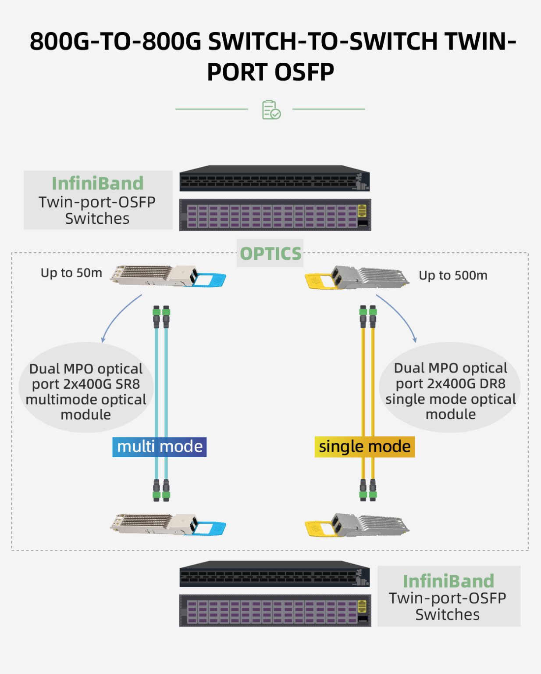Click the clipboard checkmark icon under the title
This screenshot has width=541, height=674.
(271, 110)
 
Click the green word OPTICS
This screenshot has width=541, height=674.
(270, 254)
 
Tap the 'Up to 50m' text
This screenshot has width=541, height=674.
(71, 273)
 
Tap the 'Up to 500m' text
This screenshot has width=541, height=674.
(453, 276)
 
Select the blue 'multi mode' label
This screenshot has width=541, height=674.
(160, 447)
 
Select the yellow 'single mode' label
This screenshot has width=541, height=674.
(364, 447)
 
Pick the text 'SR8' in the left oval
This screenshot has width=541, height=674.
(128, 384)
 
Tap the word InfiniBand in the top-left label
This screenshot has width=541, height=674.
(97, 183)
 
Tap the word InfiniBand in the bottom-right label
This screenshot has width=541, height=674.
(448, 581)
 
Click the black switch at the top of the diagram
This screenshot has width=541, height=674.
(274, 179)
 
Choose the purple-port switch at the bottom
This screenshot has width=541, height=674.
(275, 610)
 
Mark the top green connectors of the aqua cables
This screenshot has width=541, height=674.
(161, 312)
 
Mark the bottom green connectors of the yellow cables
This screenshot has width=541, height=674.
(368, 496)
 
